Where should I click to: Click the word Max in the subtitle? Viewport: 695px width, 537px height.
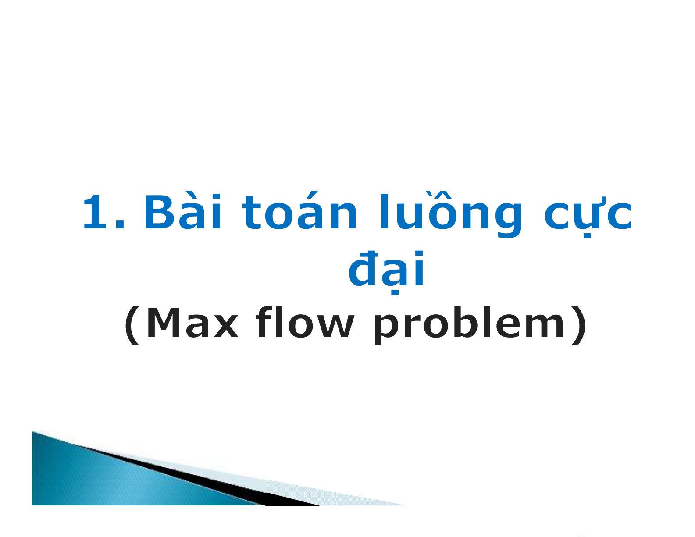coord(192,323)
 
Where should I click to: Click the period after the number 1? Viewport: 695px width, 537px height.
coord(120,225)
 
